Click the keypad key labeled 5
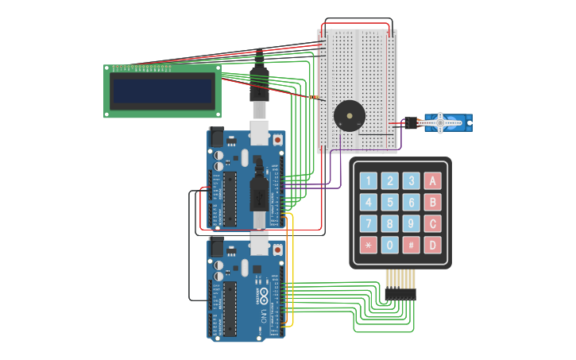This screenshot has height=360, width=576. tap(389, 202)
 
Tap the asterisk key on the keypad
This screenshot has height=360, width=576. tap(368, 245)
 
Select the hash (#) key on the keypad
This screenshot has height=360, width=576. tap(411, 245)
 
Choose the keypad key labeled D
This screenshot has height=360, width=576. tap(432, 245)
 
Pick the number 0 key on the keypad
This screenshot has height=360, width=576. tap(389, 245)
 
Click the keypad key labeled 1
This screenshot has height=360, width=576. tap(368, 180)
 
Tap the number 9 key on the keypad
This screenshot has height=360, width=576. tap(411, 223)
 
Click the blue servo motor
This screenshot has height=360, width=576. tap(446, 122)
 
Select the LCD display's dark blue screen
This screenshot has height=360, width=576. tap(162, 91)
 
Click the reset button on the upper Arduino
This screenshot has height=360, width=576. tap(278, 140)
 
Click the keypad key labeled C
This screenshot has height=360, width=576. tap(432, 223)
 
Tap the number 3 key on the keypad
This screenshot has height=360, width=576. tap(411, 180)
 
